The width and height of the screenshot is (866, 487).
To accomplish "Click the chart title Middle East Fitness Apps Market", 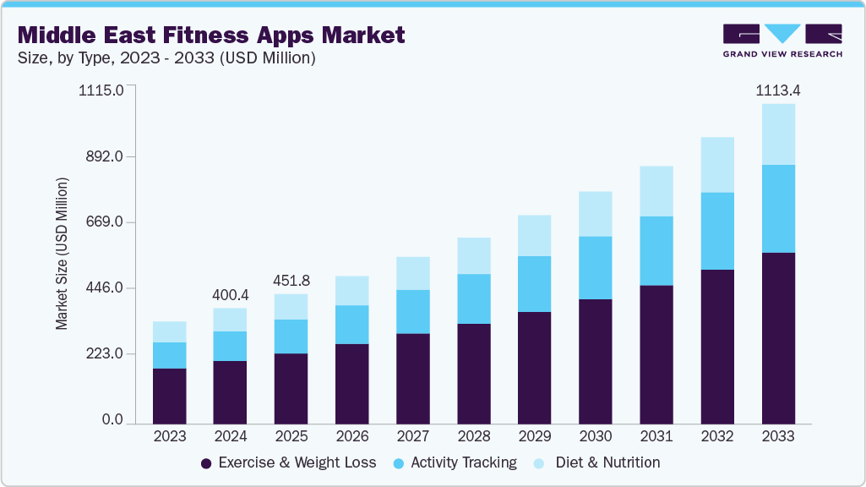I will point(211,36).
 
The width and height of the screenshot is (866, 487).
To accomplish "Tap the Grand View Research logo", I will point(782,40).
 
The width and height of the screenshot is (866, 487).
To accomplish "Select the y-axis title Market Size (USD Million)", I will point(62,254).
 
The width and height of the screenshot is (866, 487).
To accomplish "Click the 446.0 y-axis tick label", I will point(101,288).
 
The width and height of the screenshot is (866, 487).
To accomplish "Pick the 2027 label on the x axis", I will point(412,436).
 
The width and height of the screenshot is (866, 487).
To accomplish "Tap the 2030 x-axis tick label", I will point(595,436).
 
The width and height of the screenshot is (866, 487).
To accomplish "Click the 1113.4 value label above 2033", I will point(777,90).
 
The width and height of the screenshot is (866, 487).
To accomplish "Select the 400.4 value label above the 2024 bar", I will point(230,294).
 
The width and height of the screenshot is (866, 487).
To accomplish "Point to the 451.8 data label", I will point(291,281).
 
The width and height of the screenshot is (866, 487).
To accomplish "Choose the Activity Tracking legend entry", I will point(463,462).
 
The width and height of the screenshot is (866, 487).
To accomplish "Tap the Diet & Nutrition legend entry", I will point(607,462).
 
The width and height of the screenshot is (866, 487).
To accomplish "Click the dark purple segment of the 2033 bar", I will point(777,338).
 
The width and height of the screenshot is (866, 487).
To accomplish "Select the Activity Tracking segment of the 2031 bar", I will point(656,251).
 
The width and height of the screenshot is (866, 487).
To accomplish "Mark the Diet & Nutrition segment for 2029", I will point(534,236).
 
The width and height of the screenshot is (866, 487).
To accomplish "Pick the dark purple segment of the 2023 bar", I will point(169,396).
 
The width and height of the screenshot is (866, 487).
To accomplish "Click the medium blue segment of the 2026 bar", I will point(351,325).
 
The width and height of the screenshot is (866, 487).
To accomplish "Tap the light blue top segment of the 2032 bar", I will point(716,165).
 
